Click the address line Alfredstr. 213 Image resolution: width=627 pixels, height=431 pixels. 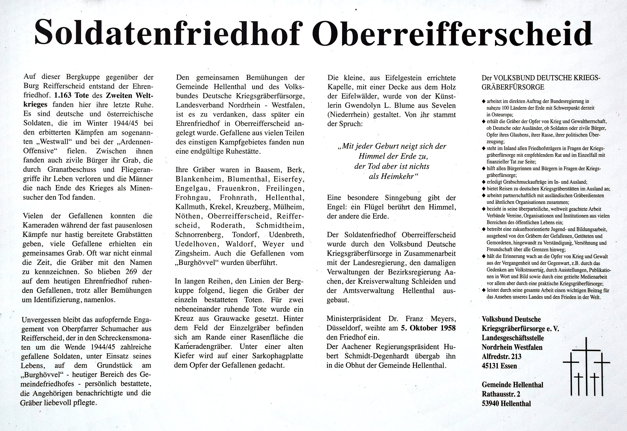pos(501,357)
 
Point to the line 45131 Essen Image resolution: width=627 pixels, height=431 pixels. pos(499,366)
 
